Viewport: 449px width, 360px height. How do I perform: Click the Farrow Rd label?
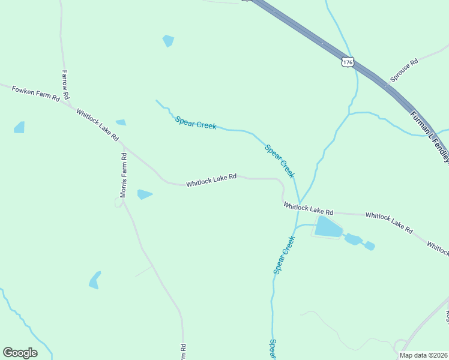(66, 85)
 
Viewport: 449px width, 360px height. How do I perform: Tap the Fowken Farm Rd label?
(36, 93)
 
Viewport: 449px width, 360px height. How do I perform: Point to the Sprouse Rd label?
(404, 70)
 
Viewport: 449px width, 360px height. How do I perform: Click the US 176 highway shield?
(348, 61)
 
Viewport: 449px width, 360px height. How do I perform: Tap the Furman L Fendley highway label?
(430, 135)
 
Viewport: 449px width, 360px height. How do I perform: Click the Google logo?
(20, 353)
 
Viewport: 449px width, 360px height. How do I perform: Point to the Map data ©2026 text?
(423, 355)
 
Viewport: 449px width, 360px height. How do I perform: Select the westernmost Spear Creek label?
(196, 123)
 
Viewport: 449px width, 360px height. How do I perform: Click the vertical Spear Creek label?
(285, 255)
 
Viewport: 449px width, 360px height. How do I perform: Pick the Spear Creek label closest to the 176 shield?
(280, 161)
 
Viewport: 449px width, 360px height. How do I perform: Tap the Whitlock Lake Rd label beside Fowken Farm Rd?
(97, 124)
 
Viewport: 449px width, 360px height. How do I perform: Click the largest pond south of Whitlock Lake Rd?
(327, 227)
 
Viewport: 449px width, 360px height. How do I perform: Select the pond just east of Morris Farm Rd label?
(144, 194)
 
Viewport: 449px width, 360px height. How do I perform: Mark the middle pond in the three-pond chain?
(353, 239)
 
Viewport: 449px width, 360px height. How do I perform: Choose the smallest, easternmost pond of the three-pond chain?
(369, 245)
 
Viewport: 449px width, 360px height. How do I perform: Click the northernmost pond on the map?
(168, 40)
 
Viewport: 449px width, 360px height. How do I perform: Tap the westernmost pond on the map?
(19, 127)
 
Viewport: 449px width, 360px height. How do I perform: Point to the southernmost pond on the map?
(94, 280)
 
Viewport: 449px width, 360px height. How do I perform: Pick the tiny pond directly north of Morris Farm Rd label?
(121, 122)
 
